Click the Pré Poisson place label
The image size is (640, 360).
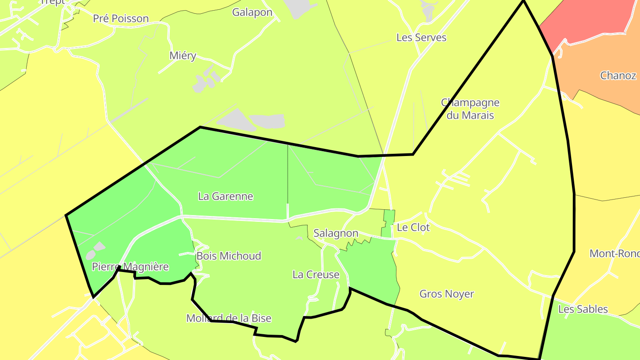[120, 19]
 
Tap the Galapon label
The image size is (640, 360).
[252, 12]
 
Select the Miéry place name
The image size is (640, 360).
[183, 56]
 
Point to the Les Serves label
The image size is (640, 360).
[421, 38]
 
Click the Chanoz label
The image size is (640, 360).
[618, 76]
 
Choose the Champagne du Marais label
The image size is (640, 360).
[470, 109]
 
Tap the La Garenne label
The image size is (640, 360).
[225, 196]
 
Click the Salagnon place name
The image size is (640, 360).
[336, 233]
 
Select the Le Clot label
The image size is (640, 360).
[413, 228]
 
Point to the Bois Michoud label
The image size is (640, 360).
[228, 256]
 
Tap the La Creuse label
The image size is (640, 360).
[316, 275]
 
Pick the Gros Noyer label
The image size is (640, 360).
[447, 294]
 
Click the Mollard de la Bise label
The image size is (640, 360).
[228, 318]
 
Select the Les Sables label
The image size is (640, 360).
[583, 309]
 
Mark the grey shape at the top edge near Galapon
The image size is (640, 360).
[298, 8]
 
